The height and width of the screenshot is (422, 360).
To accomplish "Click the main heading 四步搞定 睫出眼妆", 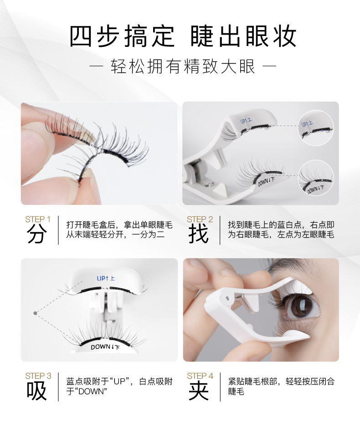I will (183, 36).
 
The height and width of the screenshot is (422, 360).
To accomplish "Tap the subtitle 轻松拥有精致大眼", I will (183, 67).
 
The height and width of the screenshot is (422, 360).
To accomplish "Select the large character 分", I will (37, 234).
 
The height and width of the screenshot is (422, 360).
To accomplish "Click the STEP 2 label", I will (200, 219).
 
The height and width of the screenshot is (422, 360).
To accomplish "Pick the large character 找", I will (199, 234).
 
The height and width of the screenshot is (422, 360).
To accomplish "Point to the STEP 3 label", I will (38, 376).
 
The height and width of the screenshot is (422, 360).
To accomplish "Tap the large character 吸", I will (37, 391).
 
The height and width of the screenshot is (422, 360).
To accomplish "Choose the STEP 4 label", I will (200, 376).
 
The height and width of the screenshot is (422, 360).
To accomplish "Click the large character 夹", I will (199, 391).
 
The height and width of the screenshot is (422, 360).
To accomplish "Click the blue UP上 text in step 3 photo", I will (106, 278).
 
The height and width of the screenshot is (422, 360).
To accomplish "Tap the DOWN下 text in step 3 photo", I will (106, 347).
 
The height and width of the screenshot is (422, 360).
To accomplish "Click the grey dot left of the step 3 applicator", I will (35, 313).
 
